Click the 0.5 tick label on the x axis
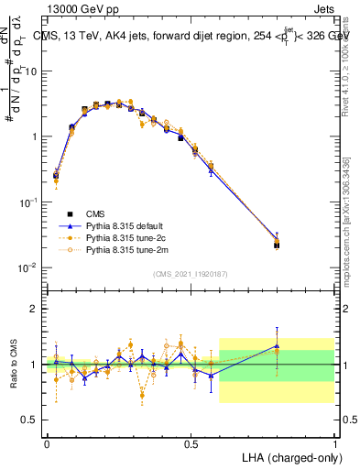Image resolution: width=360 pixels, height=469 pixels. pyautogui.click(x=190, y=442)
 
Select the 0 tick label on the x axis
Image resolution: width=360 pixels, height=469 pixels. pyautogui.click(x=47, y=442)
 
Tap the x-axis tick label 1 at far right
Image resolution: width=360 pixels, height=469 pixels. pyautogui.click(x=334, y=442)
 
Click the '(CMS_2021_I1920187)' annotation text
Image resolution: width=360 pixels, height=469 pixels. pyautogui.click(x=190, y=273)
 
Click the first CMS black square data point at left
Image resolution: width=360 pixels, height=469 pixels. pyautogui.click(x=56, y=175)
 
